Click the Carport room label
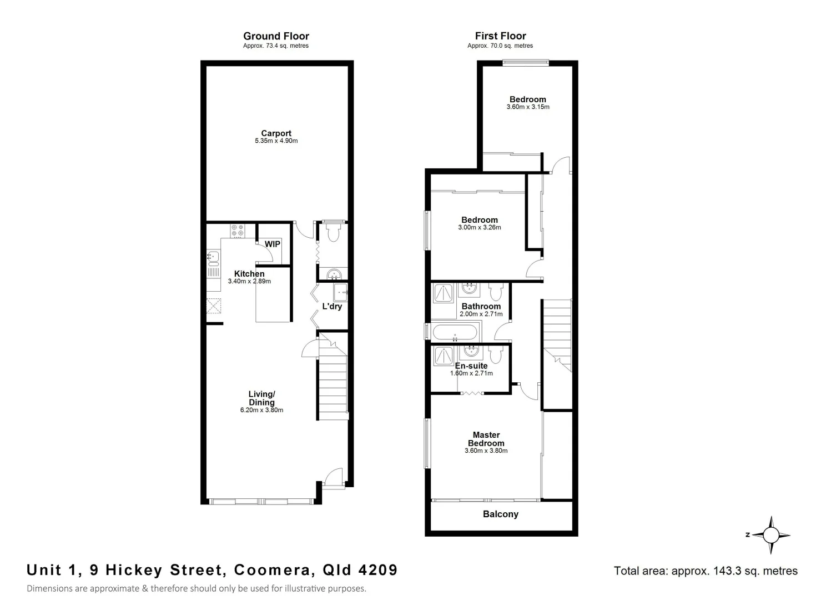pyautogui.click(x=276, y=133)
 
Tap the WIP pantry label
pyautogui.click(x=272, y=244)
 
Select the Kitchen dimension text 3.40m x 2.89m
pyautogui.click(x=249, y=282)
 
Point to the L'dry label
pyautogui.click(x=332, y=306)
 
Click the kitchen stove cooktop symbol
pyautogui.click(x=238, y=230)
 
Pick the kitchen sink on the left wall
pyautogui.click(x=213, y=257)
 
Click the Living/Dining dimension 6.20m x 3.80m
pyautogui.click(x=261, y=411)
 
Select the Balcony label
pyautogui.click(x=500, y=514)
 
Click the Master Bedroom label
pyautogui.click(x=486, y=439)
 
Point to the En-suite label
pyautogui.click(x=471, y=366)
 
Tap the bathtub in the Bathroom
pyautogui.click(x=454, y=333)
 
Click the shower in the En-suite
pyautogui.click(x=443, y=354)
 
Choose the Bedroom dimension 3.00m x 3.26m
pyautogui.click(x=480, y=227)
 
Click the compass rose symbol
pyautogui.click(x=770, y=535)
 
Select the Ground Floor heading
pyautogui.click(x=276, y=36)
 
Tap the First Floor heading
pyautogui.click(x=500, y=36)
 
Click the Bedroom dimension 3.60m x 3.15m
pyautogui.click(x=527, y=107)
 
